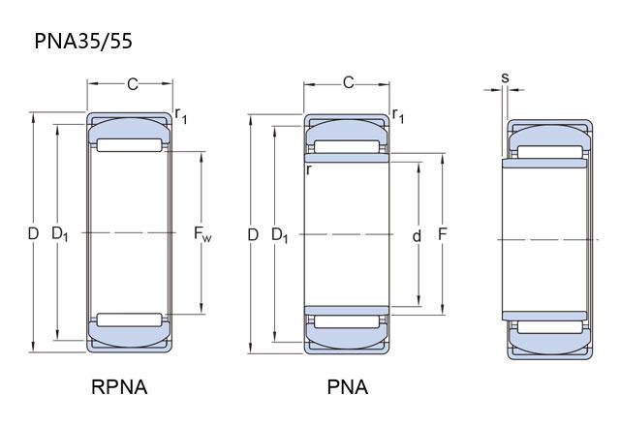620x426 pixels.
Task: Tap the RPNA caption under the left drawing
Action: tap(119, 387)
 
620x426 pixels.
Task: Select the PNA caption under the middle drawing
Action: tap(347, 387)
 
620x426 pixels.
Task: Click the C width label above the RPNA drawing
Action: tap(133, 85)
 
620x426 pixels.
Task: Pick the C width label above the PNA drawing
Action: tap(349, 83)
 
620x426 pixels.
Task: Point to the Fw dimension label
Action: tap(202, 233)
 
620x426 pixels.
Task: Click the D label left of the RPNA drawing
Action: tap(33, 233)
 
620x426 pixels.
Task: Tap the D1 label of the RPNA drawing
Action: tap(59, 233)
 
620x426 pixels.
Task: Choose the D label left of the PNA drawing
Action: tap(253, 234)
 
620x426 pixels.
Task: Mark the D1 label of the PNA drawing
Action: tap(280, 234)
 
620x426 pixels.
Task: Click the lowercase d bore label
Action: tap(417, 235)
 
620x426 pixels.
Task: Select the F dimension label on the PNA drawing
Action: tap(442, 233)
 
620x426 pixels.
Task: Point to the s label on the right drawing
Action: tap(505, 77)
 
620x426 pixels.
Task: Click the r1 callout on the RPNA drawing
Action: tap(181, 116)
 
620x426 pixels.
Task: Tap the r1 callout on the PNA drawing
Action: tap(397, 116)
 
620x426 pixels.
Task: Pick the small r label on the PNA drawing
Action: tap(308, 169)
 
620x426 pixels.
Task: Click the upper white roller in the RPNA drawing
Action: tap(130, 145)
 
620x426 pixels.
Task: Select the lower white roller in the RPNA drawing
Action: tap(130, 319)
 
